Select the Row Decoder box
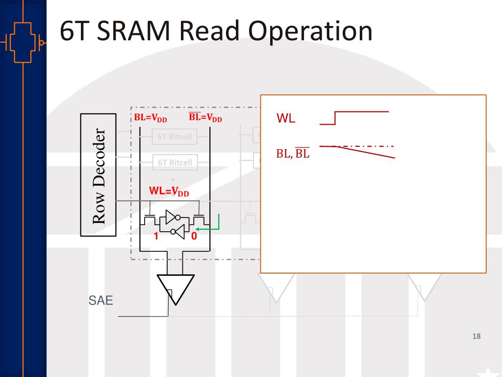point(98,175)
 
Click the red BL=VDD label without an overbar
point(151,118)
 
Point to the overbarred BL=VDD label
point(205,118)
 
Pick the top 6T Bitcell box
point(175,137)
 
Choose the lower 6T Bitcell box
point(175,162)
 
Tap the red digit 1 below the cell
point(156,237)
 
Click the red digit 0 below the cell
point(194,237)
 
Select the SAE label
point(100,300)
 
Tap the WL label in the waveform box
point(286,118)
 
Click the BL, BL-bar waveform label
point(293,154)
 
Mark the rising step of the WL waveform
point(335,118)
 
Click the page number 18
point(476,336)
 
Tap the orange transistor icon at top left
point(23,42)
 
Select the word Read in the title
point(211,31)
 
